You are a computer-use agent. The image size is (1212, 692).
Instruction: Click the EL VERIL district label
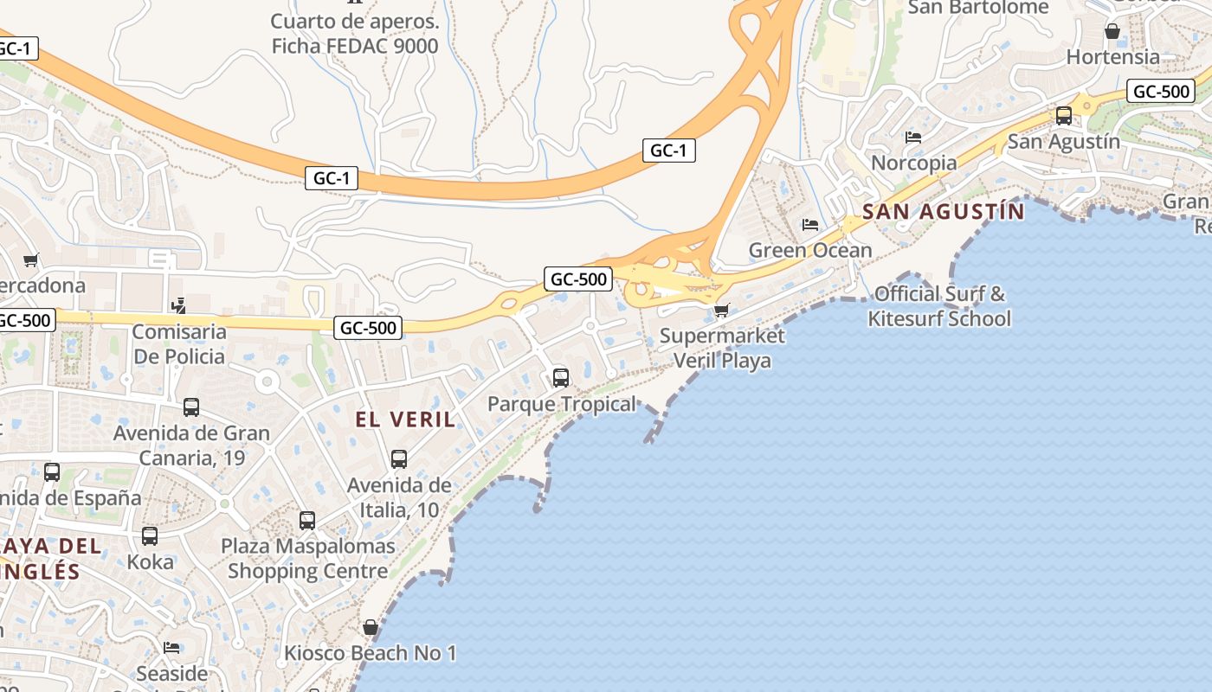click(405, 420)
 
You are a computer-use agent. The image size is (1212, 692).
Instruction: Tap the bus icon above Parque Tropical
click(561, 378)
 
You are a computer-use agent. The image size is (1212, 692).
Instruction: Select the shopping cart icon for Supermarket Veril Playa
click(721, 310)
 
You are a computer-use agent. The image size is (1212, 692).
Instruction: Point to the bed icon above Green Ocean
click(810, 225)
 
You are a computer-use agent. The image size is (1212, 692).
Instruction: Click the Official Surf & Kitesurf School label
click(939, 306)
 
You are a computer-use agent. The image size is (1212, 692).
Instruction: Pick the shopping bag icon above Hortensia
click(1112, 32)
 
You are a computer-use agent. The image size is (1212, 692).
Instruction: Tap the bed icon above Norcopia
click(912, 138)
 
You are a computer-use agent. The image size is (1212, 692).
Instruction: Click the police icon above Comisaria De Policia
click(179, 305)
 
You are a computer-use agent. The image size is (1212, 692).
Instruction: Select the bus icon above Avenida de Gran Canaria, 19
click(191, 407)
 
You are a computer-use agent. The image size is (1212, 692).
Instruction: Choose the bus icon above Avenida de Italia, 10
click(399, 459)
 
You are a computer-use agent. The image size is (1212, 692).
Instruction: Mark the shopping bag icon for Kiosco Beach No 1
click(371, 627)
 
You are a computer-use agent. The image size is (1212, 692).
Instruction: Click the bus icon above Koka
click(150, 536)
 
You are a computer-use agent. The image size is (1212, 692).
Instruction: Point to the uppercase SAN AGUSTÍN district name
click(944, 211)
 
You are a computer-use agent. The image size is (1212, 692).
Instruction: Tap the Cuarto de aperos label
click(355, 33)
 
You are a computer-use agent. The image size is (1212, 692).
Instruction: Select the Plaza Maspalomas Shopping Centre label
click(308, 559)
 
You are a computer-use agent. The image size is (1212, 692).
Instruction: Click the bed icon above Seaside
click(171, 648)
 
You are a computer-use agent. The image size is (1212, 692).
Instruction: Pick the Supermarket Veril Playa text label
click(722, 348)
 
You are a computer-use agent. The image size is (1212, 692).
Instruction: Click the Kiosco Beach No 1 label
click(371, 653)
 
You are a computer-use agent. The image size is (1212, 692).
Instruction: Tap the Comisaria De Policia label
click(179, 343)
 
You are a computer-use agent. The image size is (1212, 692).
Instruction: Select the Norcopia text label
click(914, 163)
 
